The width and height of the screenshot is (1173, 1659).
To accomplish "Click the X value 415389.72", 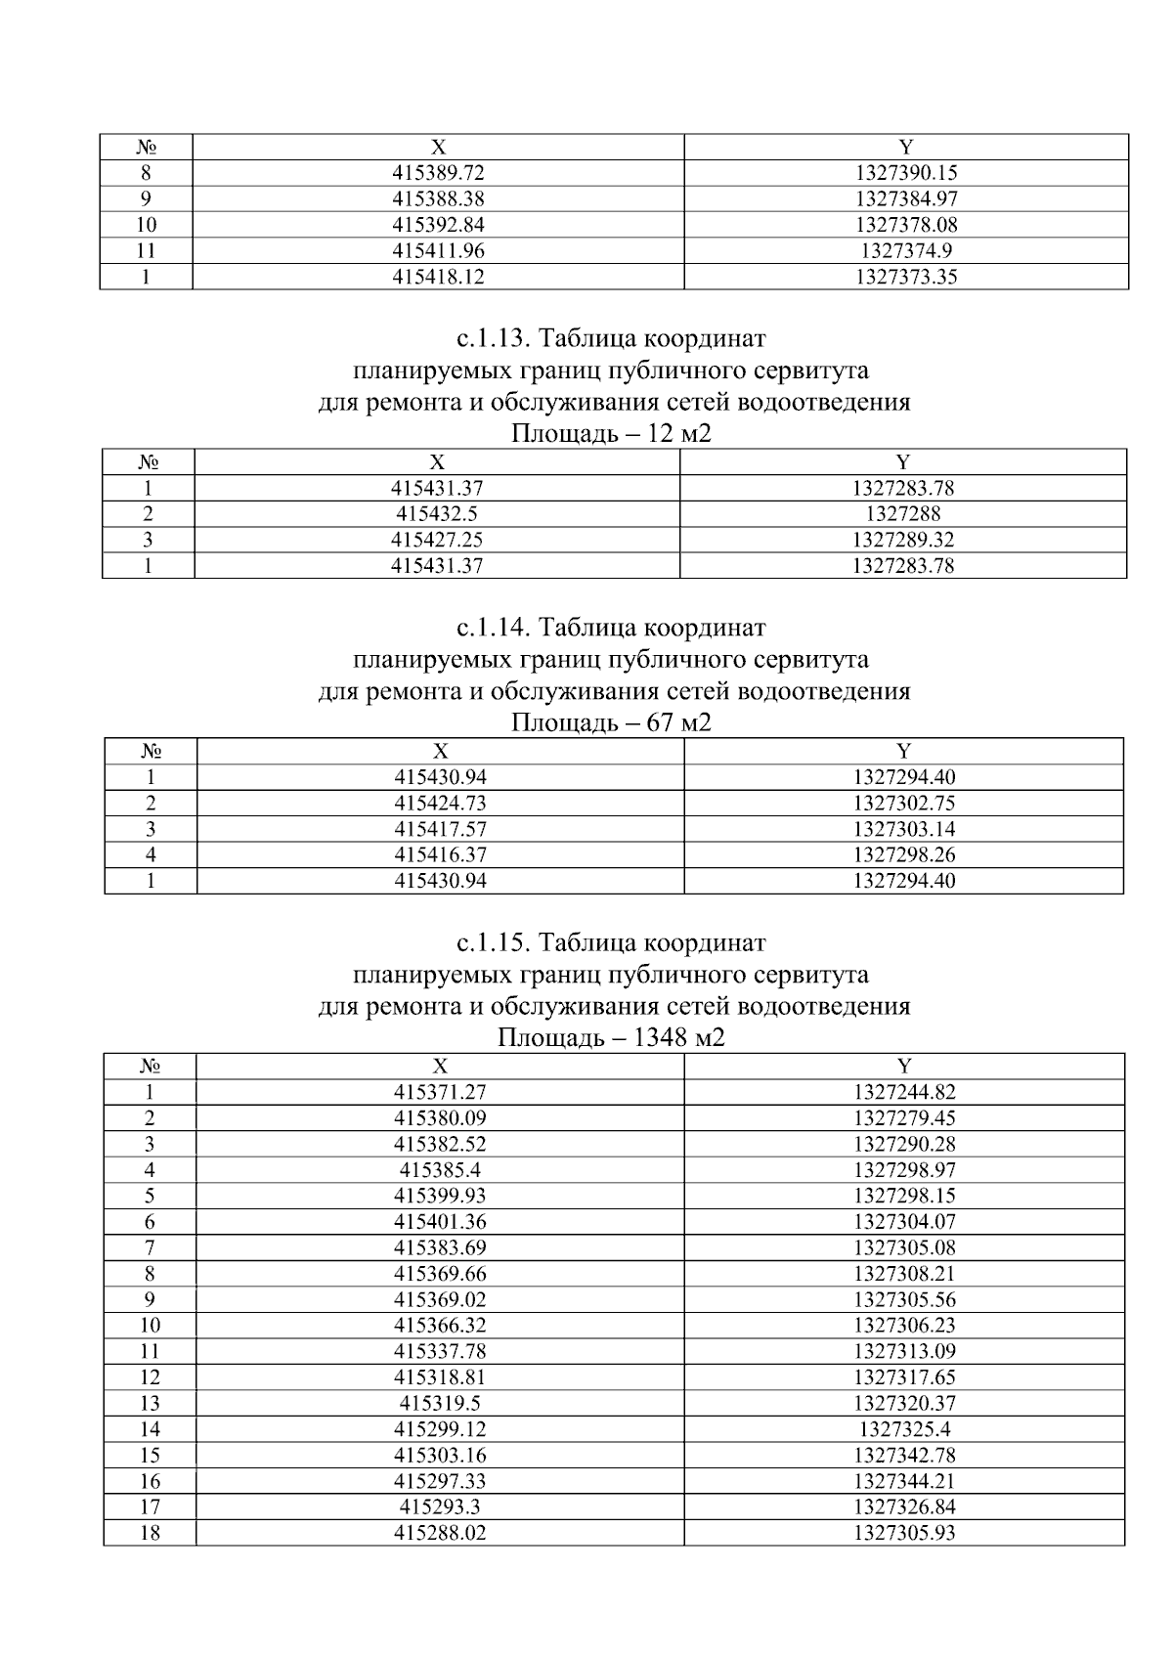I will (438, 173).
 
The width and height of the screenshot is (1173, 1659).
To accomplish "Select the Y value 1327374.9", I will (905, 250).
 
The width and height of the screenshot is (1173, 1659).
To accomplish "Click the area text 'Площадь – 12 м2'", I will (611, 434).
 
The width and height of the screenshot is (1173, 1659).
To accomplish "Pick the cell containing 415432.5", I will (437, 514).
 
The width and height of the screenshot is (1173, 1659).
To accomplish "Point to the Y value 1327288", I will (902, 514).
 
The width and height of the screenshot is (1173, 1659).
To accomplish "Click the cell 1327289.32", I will (902, 540).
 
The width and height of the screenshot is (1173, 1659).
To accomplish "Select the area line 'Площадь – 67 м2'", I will (611, 723).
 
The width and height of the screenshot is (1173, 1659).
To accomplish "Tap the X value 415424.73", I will (440, 804).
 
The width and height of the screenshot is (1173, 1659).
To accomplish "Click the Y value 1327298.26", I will (903, 854).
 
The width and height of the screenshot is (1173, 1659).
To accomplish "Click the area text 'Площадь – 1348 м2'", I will (611, 1038).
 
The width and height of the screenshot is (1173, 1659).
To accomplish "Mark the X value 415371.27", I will (440, 1092).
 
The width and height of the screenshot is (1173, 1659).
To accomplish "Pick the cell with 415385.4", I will (440, 1170).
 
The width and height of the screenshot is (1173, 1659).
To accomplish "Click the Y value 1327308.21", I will (904, 1274).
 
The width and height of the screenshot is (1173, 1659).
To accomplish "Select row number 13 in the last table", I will (150, 1403).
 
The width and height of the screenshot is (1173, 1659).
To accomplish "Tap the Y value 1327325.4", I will (904, 1429).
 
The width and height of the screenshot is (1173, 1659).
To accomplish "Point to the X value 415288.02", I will (440, 1533).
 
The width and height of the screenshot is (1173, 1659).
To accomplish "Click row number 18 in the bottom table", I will (150, 1533).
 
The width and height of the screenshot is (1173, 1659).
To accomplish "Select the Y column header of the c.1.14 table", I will (903, 751).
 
